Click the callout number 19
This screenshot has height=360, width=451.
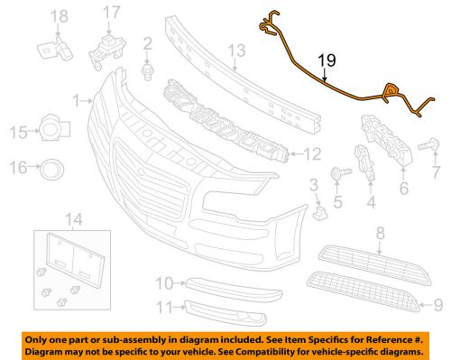coord(327,61)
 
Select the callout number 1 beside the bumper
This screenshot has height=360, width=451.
coord(77,100)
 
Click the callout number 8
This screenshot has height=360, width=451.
coord(380,233)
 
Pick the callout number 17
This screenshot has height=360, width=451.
coord(111,13)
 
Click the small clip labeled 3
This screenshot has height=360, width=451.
coord(320,213)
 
